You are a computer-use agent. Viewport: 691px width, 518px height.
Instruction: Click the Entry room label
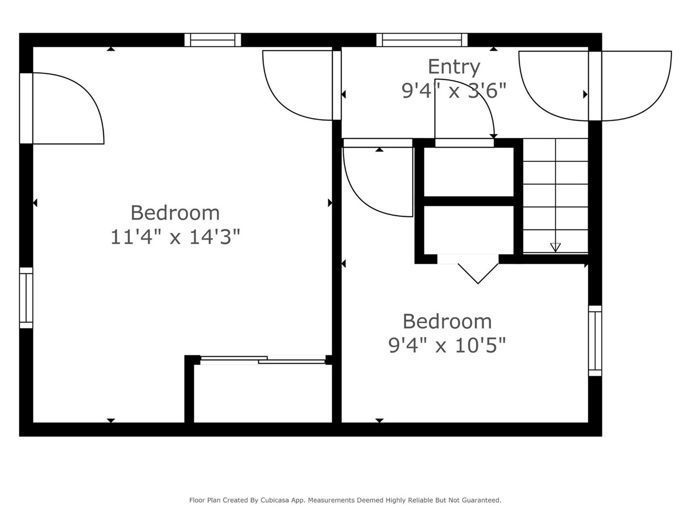click(454, 67)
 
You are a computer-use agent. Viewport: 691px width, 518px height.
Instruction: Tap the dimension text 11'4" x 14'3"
click(175, 237)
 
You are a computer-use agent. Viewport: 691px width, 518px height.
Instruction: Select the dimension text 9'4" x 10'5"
click(447, 345)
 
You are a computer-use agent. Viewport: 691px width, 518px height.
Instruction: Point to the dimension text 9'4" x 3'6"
click(454, 91)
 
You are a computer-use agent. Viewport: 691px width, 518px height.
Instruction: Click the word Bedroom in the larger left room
click(175, 213)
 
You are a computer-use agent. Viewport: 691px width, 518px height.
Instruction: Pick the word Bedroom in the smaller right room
click(447, 322)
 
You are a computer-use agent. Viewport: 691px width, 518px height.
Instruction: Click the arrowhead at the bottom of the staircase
click(555, 248)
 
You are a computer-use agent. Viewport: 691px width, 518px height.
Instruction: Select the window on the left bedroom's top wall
click(213, 40)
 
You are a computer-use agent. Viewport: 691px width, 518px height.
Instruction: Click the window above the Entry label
click(422, 40)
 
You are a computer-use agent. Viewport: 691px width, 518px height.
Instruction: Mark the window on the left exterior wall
click(26, 298)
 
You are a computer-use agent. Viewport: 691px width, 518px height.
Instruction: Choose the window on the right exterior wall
click(595, 340)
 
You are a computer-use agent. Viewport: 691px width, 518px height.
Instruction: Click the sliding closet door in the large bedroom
click(263, 360)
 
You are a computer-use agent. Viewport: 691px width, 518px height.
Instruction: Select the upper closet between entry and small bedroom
click(469, 172)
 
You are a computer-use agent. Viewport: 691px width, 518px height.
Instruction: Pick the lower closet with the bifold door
click(469, 230)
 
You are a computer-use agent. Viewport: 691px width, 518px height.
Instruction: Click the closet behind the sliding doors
click(263, 394)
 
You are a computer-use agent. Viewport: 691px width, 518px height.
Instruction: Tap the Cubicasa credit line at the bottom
click(345, 500)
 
